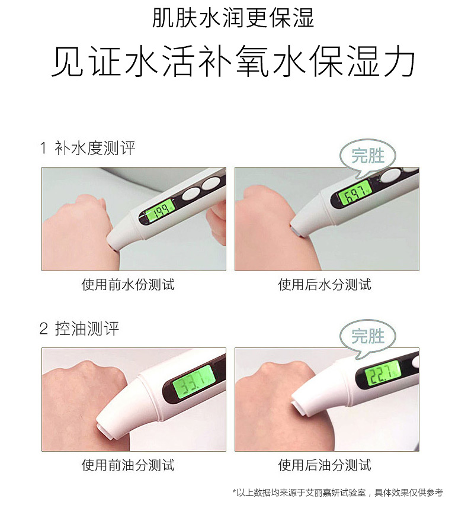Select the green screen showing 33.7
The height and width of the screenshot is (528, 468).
(194, 382)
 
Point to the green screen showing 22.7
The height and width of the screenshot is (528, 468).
(383, 375)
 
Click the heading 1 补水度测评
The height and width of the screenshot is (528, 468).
(88, 148)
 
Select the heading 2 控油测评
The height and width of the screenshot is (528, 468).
(79, 329)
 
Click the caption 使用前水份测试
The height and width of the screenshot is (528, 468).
(128, 285)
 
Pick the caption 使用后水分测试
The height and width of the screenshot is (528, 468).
(325, 285)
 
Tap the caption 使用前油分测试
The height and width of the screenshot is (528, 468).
(128, 465)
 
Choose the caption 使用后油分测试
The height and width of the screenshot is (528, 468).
(325, 465)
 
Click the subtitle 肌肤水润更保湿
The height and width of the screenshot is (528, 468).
(233, 18)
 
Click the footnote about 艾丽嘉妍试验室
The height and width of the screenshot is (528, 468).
(338, 492)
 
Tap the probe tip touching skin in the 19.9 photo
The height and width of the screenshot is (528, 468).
(113, 245)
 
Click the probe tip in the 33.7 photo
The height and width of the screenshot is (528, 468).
(103, 430)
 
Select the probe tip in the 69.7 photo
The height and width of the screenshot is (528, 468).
(297, 231)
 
